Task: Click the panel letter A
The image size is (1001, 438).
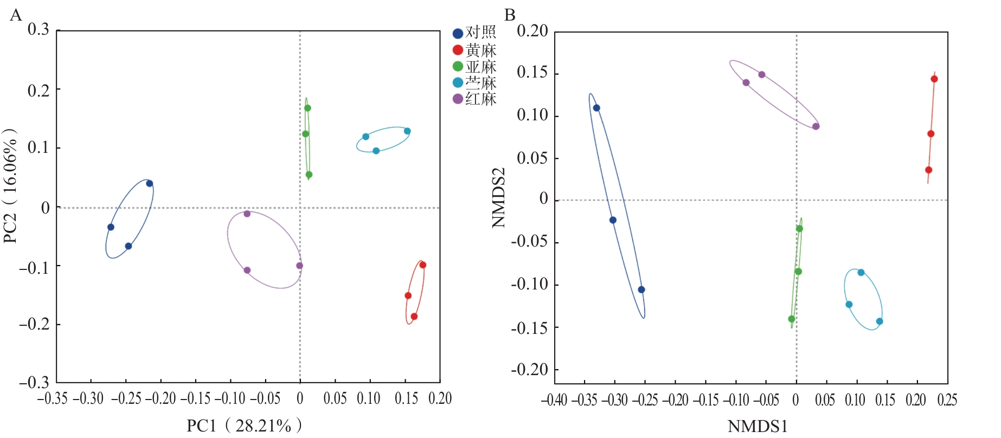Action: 16,15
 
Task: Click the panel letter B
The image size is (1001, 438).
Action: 509,15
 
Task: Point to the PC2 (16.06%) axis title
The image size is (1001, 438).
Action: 11,186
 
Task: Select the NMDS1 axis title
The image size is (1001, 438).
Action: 757,427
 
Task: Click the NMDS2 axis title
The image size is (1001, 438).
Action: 498,197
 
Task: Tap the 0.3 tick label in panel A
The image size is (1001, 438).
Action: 38,29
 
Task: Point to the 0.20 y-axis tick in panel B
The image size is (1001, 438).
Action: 532,31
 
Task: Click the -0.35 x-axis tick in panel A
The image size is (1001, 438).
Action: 52,399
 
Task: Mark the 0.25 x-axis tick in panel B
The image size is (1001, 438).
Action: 947,401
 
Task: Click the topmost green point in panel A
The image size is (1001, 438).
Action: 307,108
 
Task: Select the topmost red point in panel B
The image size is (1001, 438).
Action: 934,79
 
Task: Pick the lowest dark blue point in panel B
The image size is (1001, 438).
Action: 641,289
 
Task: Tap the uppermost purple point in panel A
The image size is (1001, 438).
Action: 247,214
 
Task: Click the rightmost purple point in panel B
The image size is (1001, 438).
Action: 816,126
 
